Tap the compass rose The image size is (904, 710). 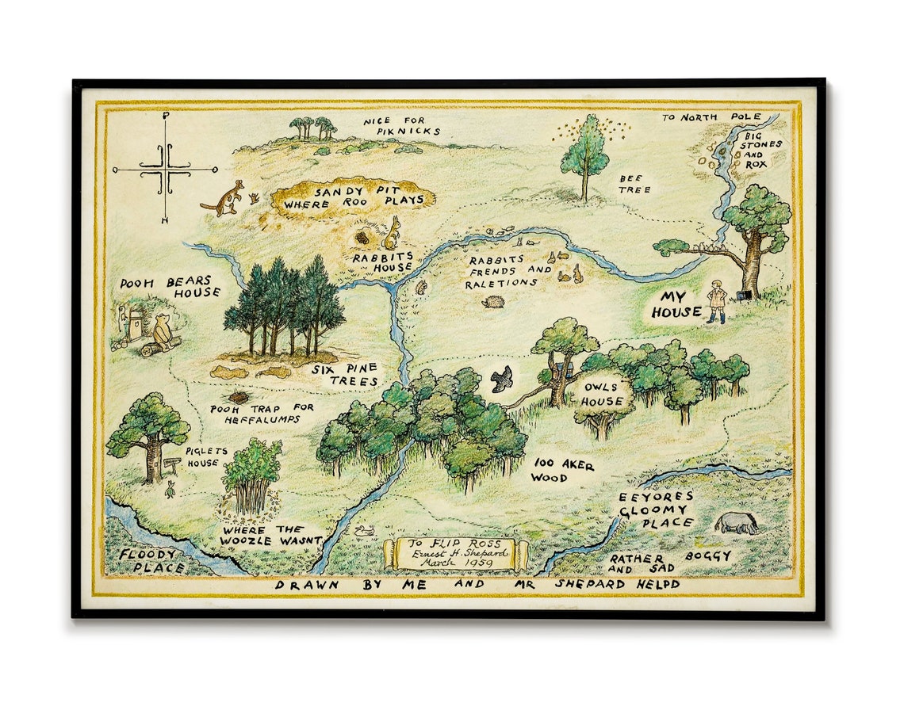pyautogui.click(x=165, y=168)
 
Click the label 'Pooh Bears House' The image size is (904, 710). pyautogui.click(x=170, y=287)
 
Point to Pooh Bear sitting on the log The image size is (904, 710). pyautogui.click(x=163, y=330)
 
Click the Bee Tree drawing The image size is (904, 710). pyautogui.click(x=585, y=155)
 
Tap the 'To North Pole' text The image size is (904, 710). pyautogui.click(x=711, y=117)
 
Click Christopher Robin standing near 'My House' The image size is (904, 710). pyautogui.click(x=717, y=301)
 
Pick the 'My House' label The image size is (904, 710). pyautogui.click(x=676, y=304)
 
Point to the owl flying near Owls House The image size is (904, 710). pyautogui.click(x=501, y=380)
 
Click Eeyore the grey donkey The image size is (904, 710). pyautogui.click(x=736, y=523)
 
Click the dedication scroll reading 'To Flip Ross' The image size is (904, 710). pyautogui.click(x=455, y=553)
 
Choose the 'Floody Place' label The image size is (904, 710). pyautogui.click(x=151, y=560)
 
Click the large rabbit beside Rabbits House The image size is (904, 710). pyautogui.click(x=392, y=233)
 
